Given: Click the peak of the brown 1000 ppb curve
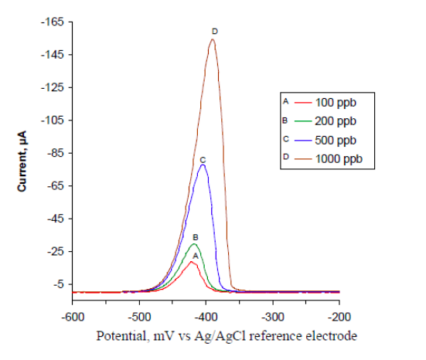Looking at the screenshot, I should click(x=212, y=40).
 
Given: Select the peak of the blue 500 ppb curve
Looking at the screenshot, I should click(x=203, y=165).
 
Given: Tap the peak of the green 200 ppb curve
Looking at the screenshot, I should click(x=195, y=244).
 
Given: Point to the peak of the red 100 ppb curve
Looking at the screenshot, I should click(x=191, y=262).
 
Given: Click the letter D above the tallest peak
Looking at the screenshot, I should click(x=215, y=31).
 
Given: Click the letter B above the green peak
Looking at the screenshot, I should click(x=196, y=237).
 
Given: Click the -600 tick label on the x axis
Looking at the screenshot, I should click(x=73, y=317).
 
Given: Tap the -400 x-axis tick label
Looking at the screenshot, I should click(x=206, y=317).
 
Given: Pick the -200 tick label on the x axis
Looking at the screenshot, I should click(x=339, y=317).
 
